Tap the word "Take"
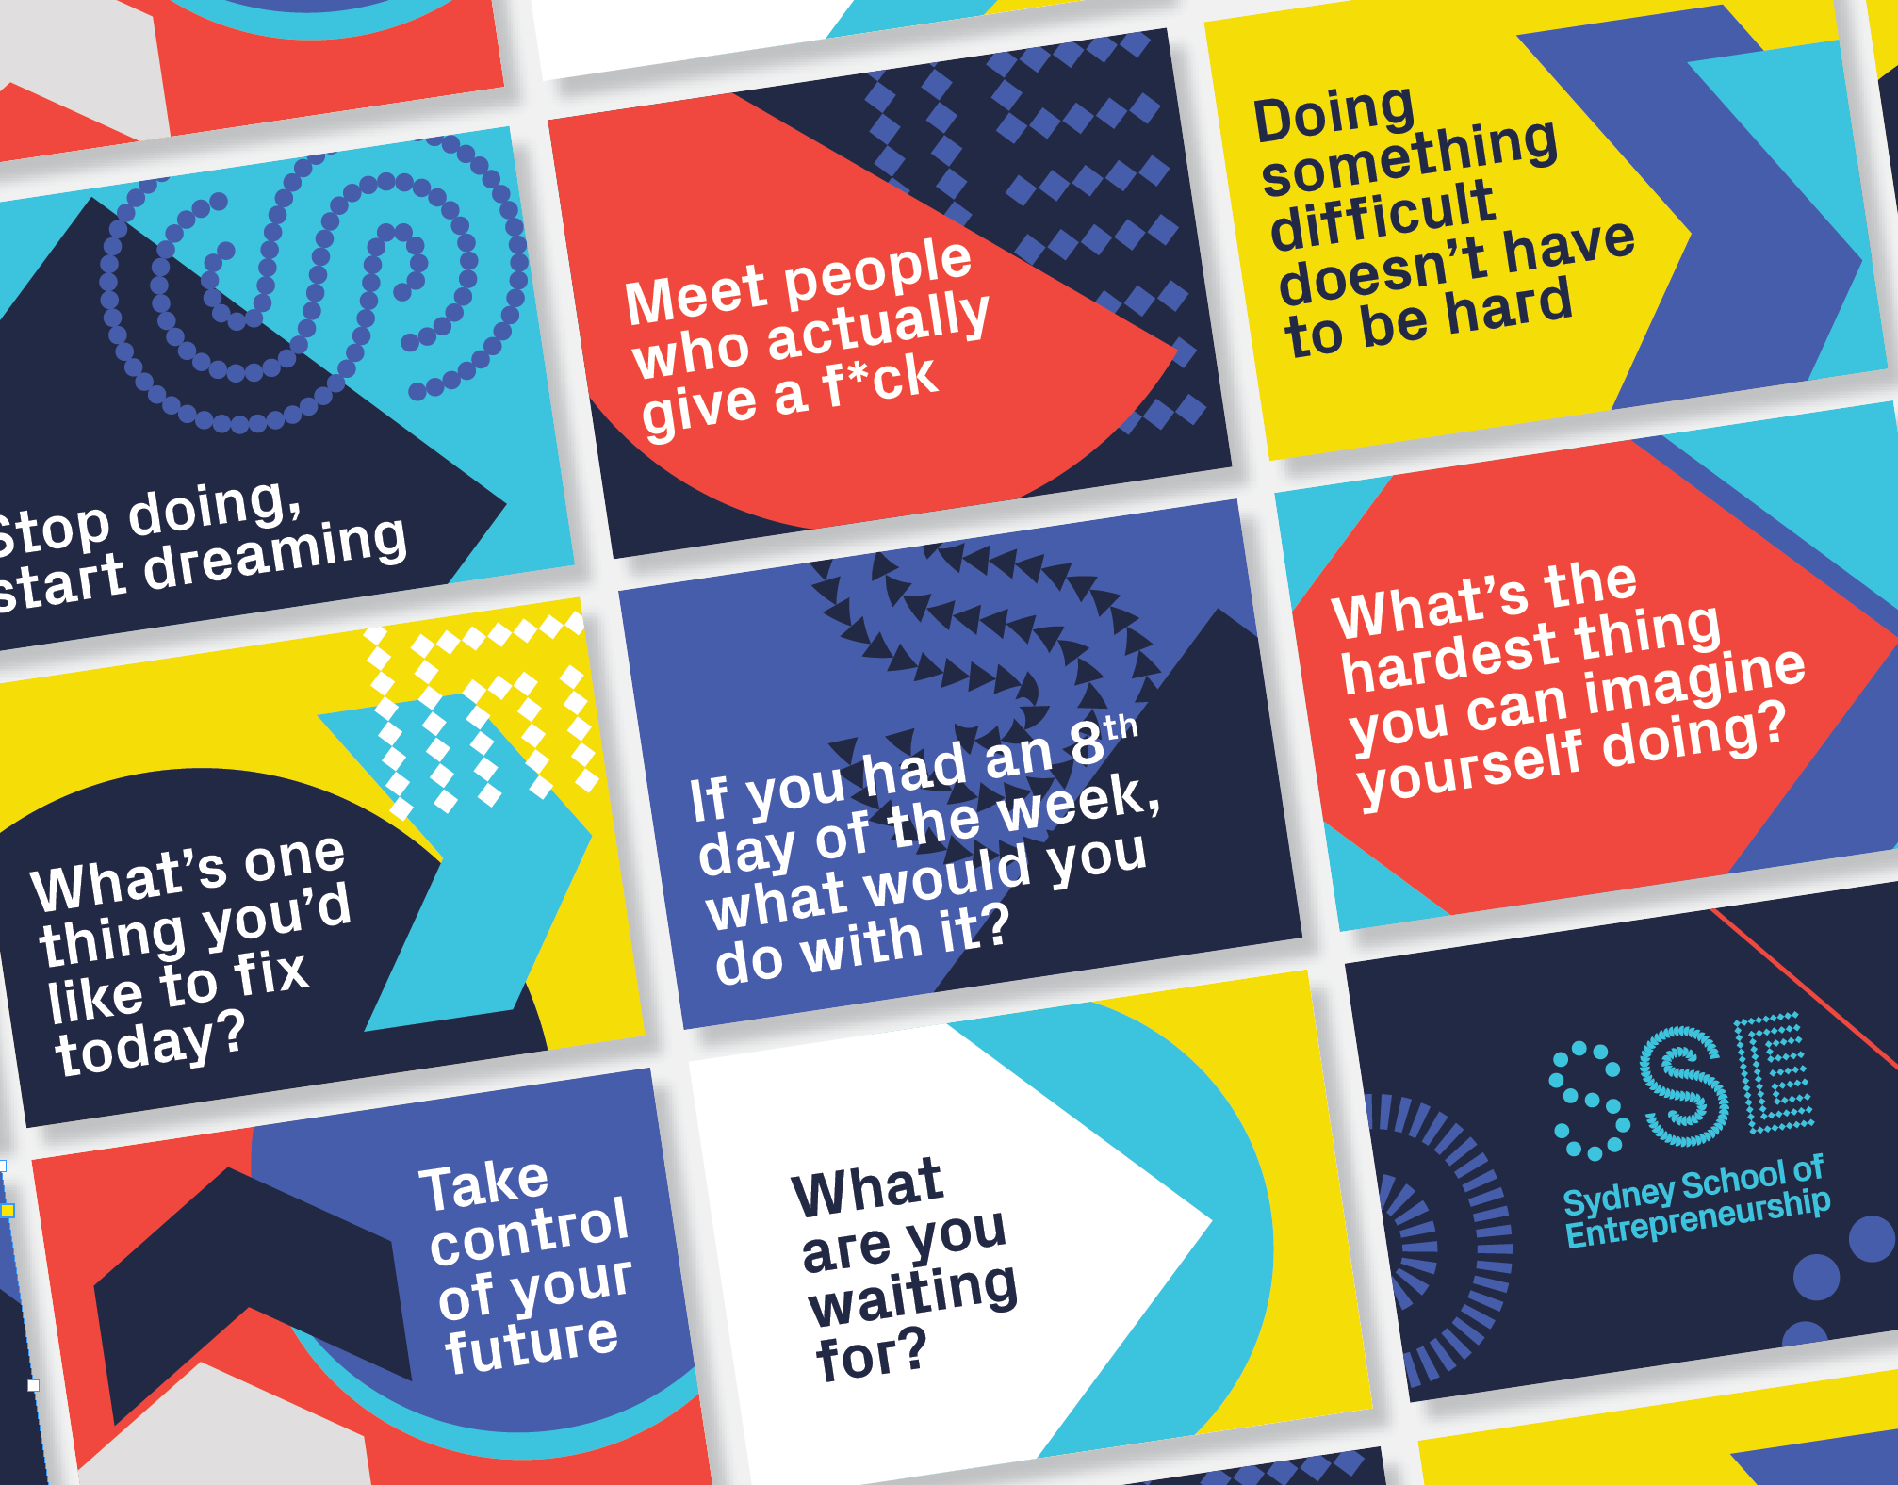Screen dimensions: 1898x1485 pos(483,1186)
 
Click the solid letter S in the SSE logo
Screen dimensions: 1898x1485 pos(1686,1088)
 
